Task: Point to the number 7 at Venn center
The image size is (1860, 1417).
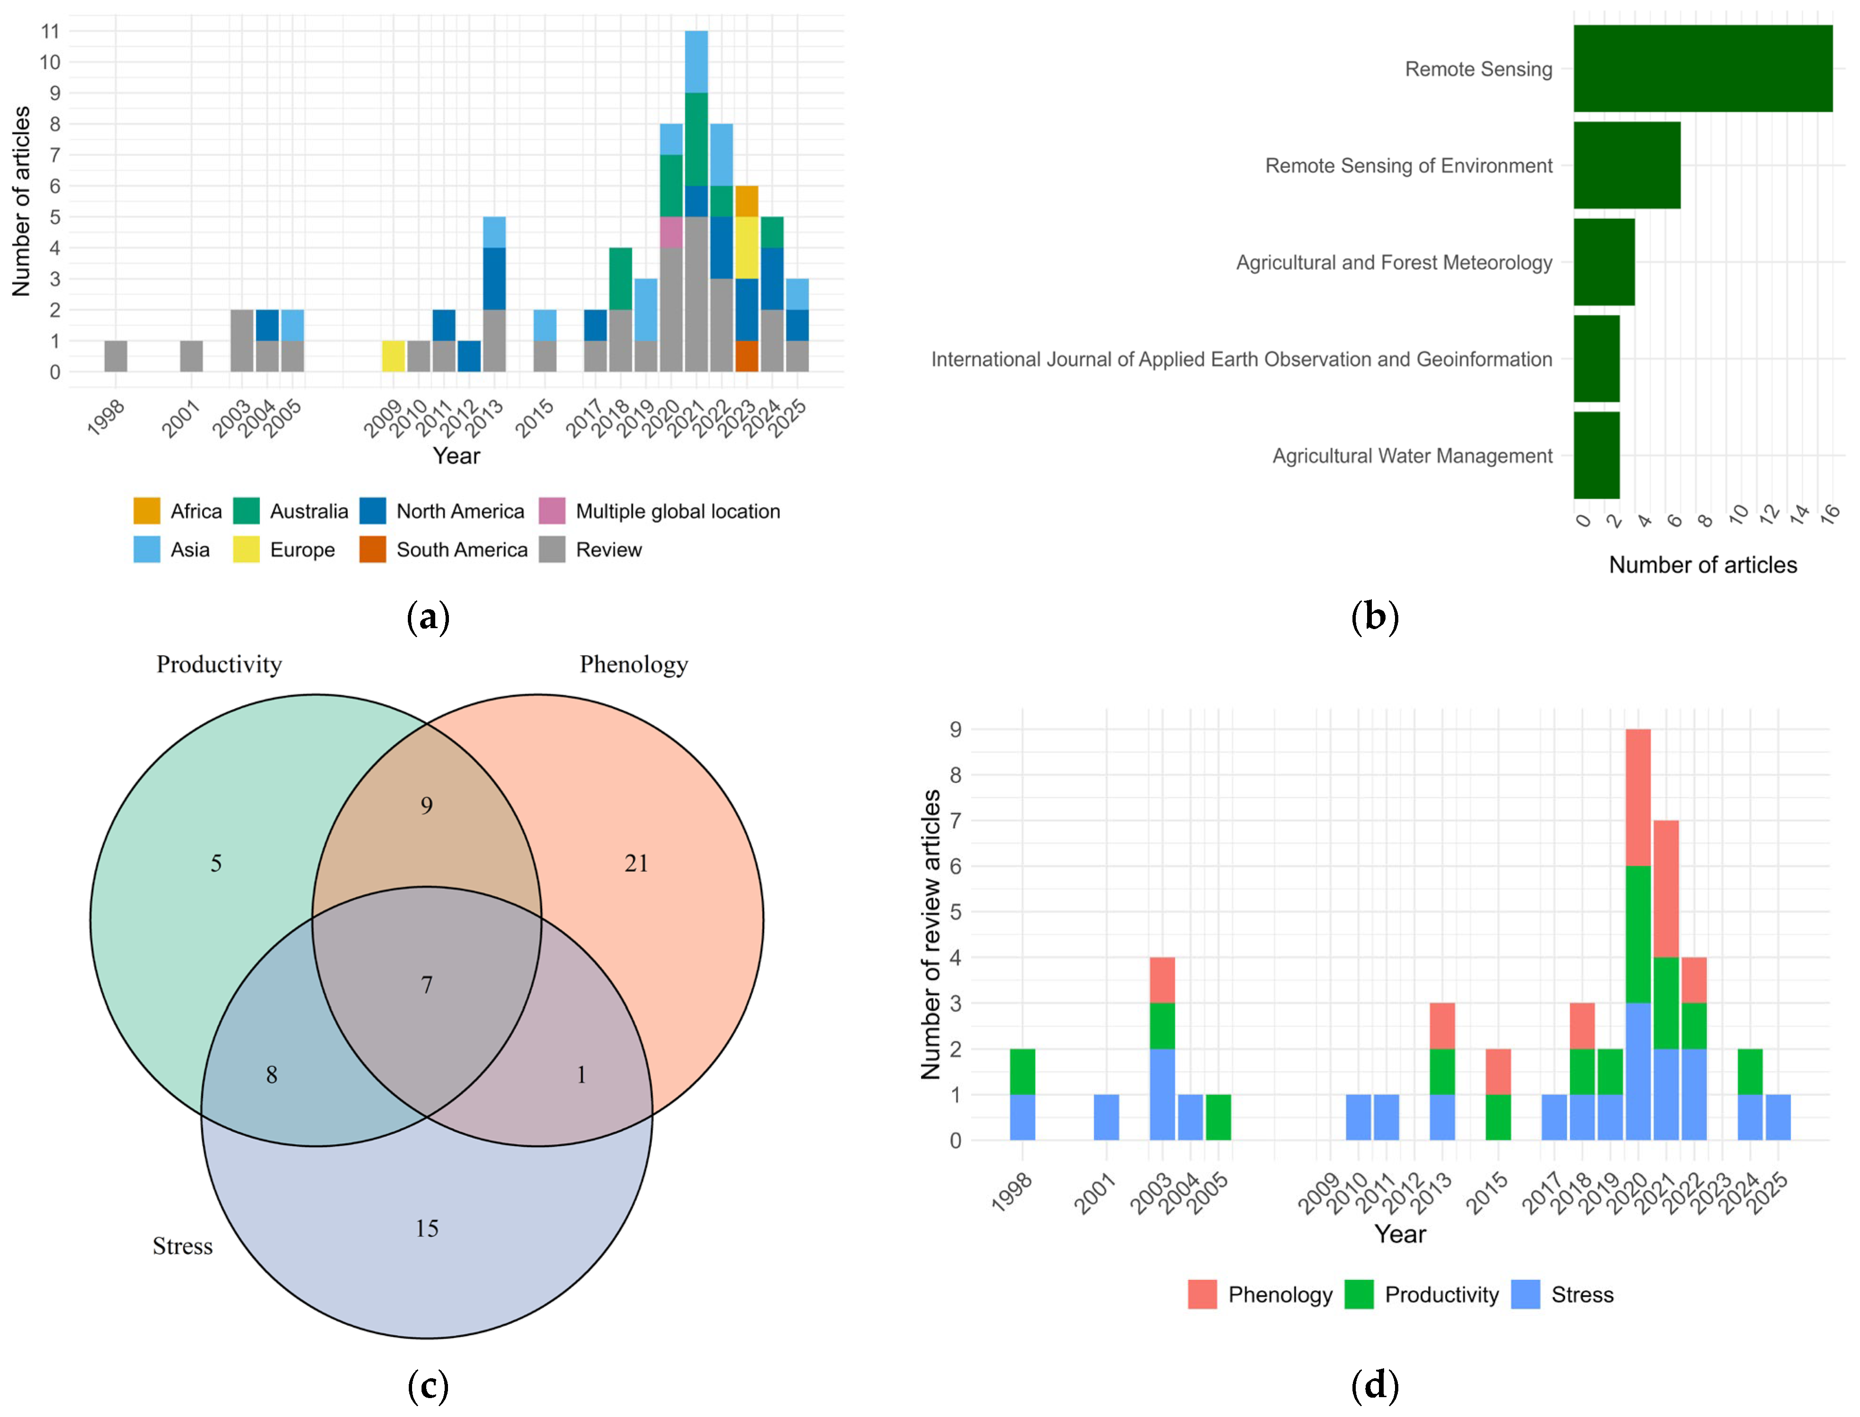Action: point(427,985)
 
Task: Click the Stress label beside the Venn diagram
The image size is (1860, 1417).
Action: point(182,1246)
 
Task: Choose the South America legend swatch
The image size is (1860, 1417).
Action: point(373,549)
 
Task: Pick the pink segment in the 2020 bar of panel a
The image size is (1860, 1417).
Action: point(671,232)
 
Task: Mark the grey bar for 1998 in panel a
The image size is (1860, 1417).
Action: point(115,356)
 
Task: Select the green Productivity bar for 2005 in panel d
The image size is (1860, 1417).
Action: point(1217,1117)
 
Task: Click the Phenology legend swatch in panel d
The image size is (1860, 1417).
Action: point(1202,1294)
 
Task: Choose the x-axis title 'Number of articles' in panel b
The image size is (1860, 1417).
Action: point(1702,564)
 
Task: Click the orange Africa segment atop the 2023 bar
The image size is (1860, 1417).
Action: point(746,201)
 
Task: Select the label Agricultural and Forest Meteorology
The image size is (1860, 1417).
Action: point(1394,262)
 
